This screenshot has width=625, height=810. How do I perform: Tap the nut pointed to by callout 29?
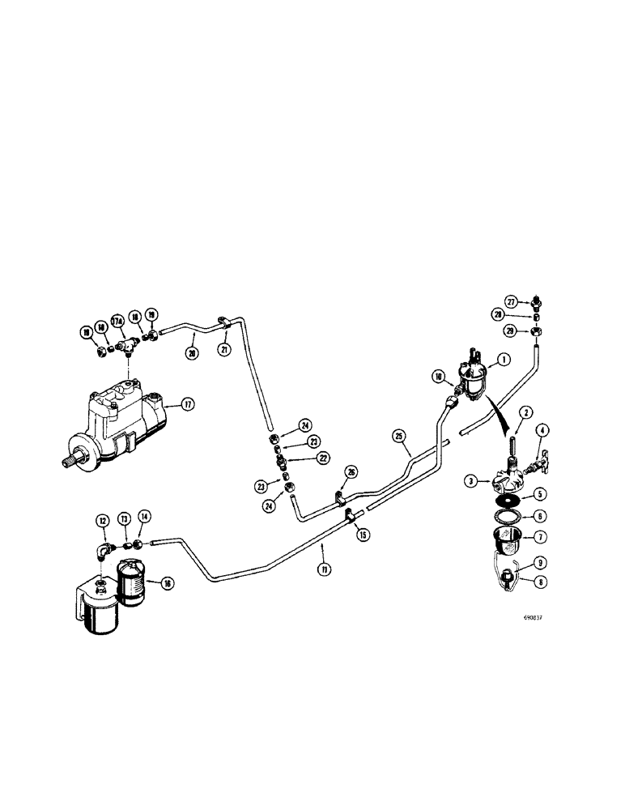tap(536, 331)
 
